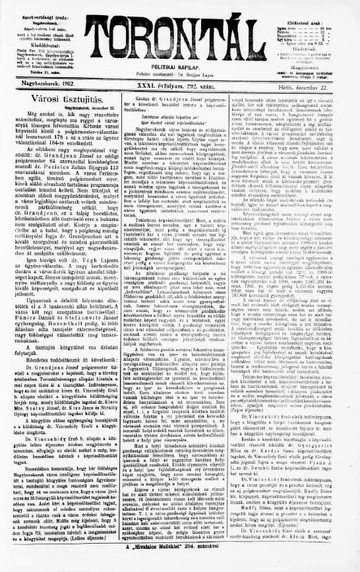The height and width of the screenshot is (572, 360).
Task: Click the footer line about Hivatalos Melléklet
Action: (179, 565)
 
